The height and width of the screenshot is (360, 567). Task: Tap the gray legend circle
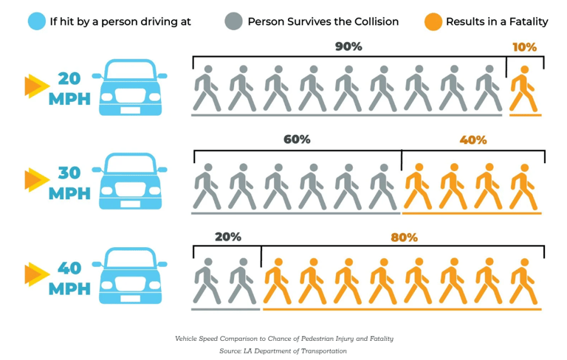click(233, 21)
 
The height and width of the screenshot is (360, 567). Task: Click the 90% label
click(348, 46)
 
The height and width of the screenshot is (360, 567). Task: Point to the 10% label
click(524, 46)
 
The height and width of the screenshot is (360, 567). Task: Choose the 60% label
click(297, 139)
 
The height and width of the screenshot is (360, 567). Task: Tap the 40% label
click(473, 139)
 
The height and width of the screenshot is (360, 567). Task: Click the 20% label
click(227, 237)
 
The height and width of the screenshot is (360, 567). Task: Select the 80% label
click(404, 238)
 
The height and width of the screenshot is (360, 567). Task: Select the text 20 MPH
click(69, 88)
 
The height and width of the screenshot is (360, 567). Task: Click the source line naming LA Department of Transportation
click(283, 351)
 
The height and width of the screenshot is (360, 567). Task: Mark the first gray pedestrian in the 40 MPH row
click(207, 280)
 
